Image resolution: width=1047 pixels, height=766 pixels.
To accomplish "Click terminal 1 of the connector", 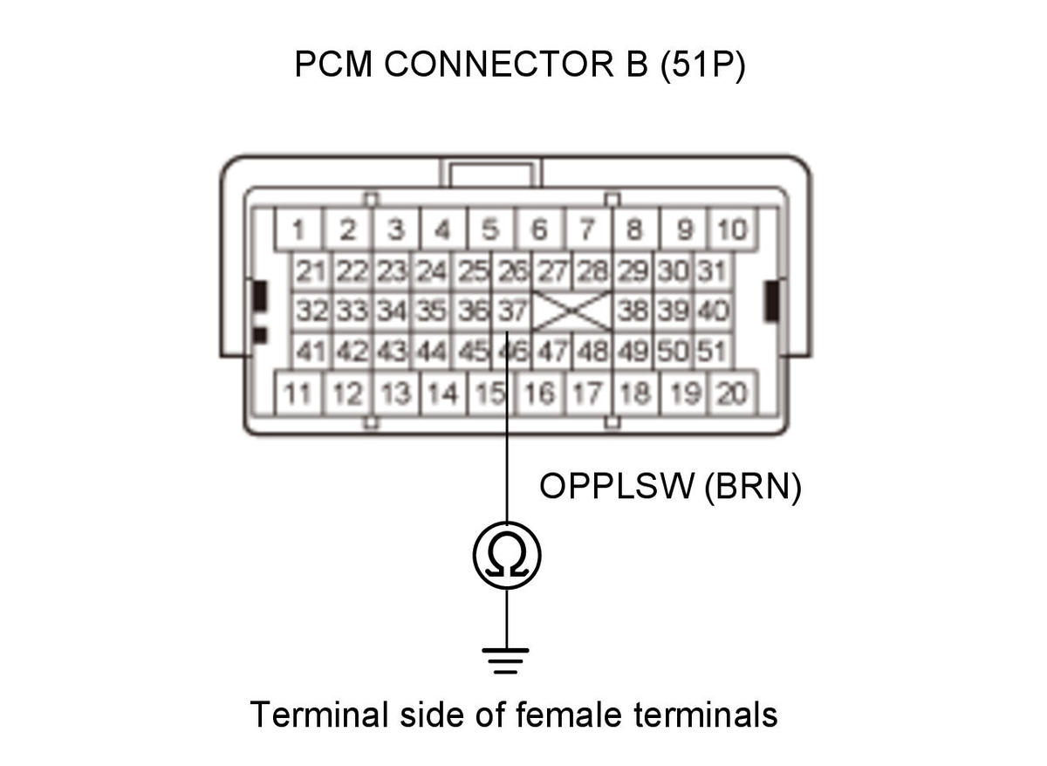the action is [298, 229].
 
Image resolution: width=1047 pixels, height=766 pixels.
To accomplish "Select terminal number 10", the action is [732, 229].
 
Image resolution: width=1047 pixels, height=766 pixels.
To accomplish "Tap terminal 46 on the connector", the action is [512, 351].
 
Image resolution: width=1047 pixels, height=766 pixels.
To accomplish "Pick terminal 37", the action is [512, 311].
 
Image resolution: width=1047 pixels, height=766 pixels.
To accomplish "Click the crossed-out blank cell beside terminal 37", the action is [572, 311].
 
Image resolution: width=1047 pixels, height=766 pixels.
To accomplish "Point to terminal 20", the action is [732, 393].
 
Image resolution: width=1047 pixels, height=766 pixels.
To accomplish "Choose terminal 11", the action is [298, 393].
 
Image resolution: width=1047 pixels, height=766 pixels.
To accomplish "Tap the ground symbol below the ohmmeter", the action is [506, 660].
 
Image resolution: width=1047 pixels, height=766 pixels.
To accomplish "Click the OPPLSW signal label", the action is [617, 487].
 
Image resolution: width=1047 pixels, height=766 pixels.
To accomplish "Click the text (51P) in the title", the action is [703, 65].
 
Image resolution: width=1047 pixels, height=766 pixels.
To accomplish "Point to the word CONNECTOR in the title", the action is [499, 64].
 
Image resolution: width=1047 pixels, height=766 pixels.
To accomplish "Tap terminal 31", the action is [713, 271].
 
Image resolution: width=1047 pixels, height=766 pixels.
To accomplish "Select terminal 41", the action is [311, 351].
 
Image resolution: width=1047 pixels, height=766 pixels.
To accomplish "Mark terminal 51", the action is [713, 351].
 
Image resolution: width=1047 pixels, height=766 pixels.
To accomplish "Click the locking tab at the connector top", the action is [490, 173].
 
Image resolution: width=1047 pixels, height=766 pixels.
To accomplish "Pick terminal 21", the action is [311, 271].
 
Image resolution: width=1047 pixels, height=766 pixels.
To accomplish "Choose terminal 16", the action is [539, 393].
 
